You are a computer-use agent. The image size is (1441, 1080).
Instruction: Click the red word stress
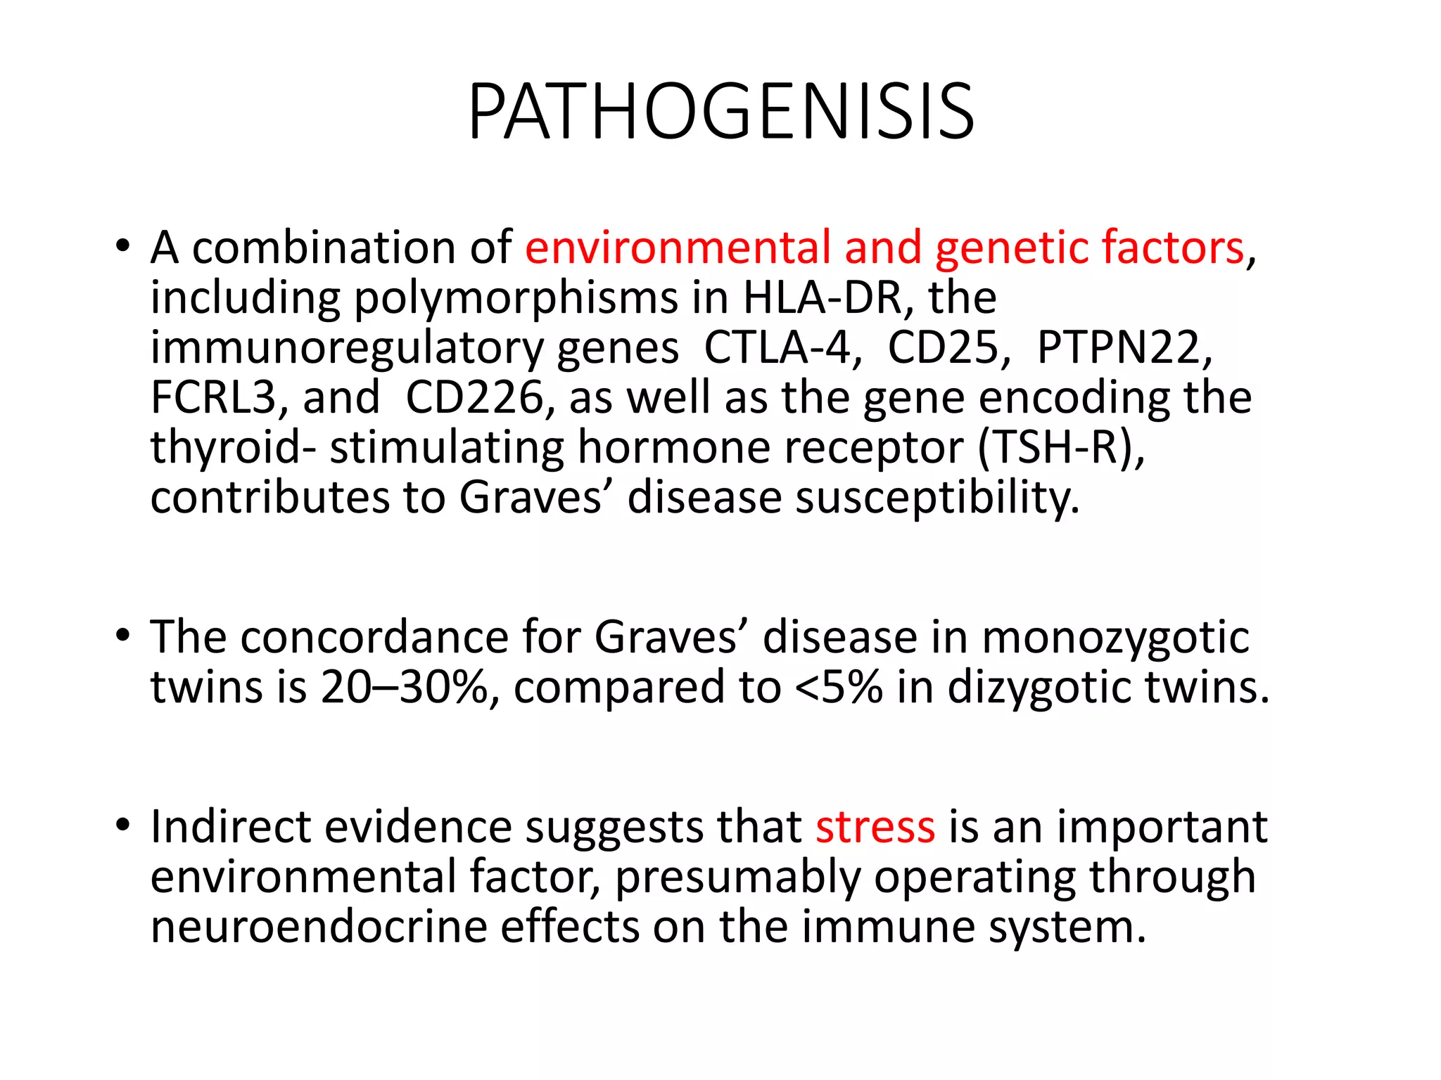click(875, 827)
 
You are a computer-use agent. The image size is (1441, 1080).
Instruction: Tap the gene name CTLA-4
click(782, 347)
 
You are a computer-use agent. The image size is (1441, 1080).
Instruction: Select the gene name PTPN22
click(1124, 347)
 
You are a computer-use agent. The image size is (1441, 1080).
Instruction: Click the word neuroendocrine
click(319, 927)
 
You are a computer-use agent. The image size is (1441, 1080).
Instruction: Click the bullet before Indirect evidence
click(123, 824)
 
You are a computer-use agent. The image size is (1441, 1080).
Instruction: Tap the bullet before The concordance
click(123, 635)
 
